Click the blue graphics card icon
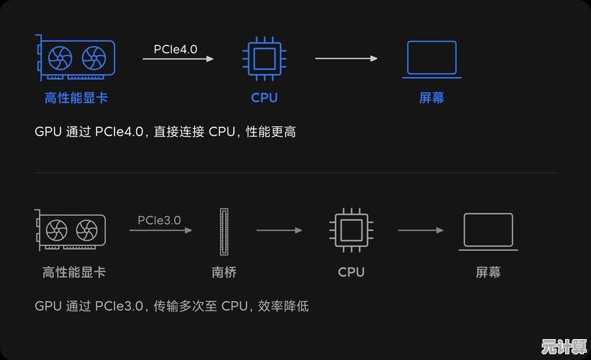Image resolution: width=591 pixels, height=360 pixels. [x=76, y=58]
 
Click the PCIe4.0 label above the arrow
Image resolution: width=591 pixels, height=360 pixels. [x=175, y=49]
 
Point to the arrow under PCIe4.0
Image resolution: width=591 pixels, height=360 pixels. [x=178, y=59]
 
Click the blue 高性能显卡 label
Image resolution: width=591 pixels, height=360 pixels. [x=76, y=98]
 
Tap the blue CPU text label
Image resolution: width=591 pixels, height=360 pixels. [x=264, y=98]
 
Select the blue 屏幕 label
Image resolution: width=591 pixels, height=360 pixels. [x=432, y=98]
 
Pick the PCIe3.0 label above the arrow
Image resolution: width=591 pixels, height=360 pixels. [x=159, y=220]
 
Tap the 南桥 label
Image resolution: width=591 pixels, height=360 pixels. [x=224, y=272]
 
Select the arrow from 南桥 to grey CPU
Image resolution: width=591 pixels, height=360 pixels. [x=279, y=230]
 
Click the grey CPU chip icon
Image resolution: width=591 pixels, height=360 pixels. [x=351, y=230]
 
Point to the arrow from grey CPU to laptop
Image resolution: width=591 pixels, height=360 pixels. [x=420, y=230]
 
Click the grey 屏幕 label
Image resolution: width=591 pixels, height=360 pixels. [x=488, y=272]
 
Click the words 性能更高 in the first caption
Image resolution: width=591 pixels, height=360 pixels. [x=271, y=132]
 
